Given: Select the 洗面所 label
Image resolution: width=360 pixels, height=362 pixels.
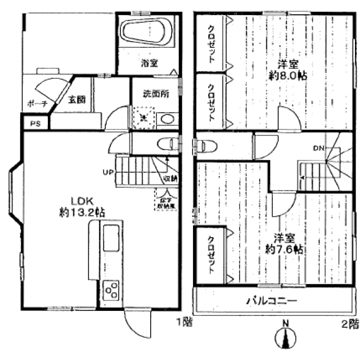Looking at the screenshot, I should [x=156, y=94].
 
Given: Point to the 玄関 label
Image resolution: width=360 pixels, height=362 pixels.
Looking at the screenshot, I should [x=77, y=99].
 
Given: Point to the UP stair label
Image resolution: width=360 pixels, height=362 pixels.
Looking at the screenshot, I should [x=108, y=172].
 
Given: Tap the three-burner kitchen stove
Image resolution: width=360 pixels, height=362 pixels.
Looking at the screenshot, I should [x=111, y=291].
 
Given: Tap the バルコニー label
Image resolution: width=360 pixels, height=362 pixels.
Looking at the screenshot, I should [x=272, y=301].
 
